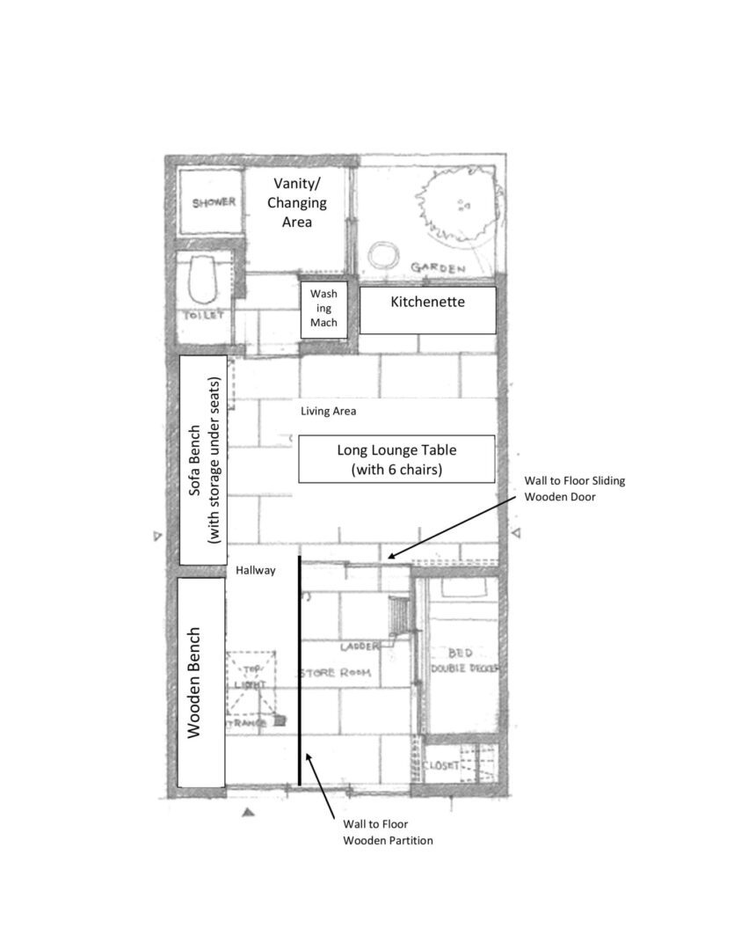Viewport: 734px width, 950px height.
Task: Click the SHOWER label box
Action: [x=214, y=202]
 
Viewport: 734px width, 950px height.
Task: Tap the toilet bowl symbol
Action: [x=203, y=277]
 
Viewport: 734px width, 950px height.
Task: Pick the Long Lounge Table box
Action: [x=396, y=459]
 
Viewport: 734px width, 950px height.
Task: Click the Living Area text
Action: [x=327, y=411]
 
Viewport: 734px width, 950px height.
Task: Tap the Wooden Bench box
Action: [x=200, y=682]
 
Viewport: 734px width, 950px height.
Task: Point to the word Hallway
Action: [x=256, y=570]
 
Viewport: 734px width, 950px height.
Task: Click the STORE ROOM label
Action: [x=335, y=673]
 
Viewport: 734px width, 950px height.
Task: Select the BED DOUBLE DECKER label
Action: [x=462, y=661]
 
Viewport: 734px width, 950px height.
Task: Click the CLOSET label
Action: [x=441, y=766]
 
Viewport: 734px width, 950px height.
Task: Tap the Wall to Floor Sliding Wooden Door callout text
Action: [x=574, y=489]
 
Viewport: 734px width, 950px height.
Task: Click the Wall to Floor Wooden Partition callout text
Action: [x=388, y=832]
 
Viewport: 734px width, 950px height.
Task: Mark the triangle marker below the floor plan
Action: [x=248, y=814]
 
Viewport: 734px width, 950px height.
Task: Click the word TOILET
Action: [x=203, y=315]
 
